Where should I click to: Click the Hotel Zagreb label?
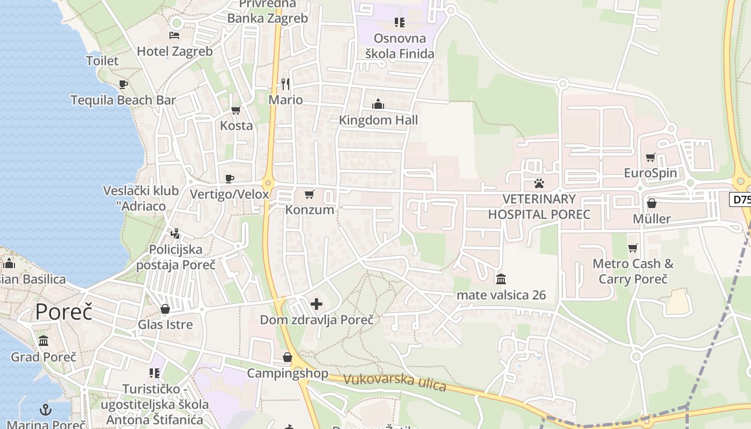point(175,51)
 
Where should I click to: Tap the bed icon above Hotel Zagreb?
point(174,35)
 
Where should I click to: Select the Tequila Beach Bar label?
point(123,100)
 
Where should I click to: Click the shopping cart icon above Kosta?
point(235,110)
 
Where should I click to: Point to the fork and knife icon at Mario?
point(285,84)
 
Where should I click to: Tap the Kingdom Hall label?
point(378,120)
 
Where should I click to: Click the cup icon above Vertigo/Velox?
point(230,179)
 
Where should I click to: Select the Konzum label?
point(310,210)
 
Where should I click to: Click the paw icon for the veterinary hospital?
point(539,183)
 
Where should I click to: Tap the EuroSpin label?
point(650,173)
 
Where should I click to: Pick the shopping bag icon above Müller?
point(652,203)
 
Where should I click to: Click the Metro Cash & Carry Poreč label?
point(633,271)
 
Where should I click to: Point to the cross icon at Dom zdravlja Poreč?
point(316,305)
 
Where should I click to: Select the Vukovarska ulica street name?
point(394,381)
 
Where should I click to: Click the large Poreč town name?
point(64,312)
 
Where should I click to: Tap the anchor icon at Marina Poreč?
point(46,410)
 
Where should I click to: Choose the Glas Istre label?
point(165,324)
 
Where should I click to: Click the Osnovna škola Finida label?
point(400,46)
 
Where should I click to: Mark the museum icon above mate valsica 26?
point(501,279)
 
